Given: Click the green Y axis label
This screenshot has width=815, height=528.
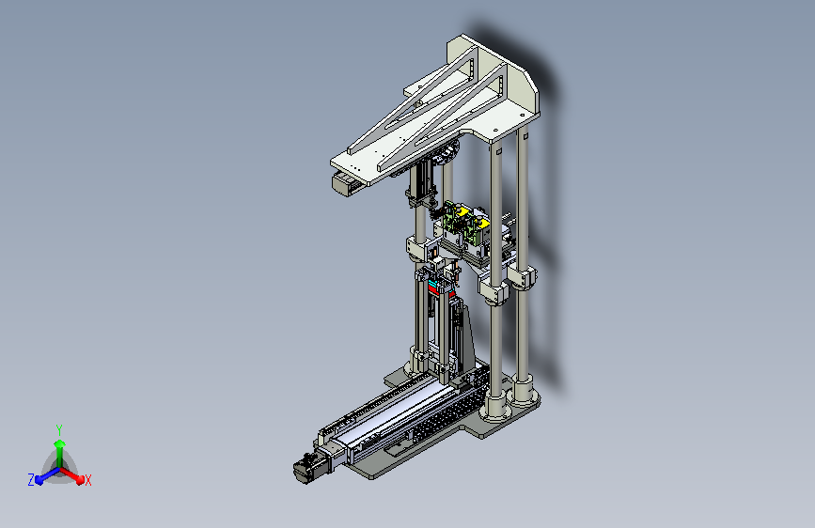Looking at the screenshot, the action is point(59,429).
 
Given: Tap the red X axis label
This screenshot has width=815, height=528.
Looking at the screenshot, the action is point(87,481).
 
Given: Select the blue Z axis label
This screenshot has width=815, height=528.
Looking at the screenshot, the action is point(31,480).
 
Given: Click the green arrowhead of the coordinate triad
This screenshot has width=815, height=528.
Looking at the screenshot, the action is point(60,444).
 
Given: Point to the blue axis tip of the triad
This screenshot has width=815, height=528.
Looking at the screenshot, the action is point(39,481).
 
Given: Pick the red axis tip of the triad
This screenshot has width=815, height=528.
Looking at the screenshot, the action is point(80,480).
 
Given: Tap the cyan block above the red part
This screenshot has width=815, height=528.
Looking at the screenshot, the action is point(433,283).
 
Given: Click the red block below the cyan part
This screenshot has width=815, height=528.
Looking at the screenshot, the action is point(433,290).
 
